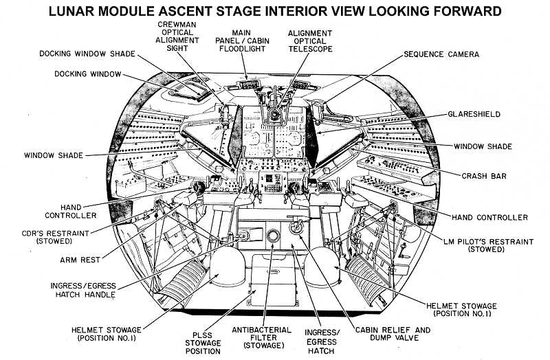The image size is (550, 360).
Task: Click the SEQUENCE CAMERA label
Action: tap(441, 54)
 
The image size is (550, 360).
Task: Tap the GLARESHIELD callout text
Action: tap(474, 114)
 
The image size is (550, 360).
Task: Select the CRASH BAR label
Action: tap(484, 176)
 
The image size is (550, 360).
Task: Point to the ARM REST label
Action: tap(80, 260)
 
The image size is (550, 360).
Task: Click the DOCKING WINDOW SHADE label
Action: tap(87, 54)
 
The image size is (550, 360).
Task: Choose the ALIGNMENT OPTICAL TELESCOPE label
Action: tap(310, 41)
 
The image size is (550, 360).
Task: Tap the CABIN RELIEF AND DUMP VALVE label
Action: tap(393, 334)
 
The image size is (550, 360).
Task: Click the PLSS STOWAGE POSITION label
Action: tap(203, 344)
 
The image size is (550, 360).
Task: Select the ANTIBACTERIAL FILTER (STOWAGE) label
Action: tap(262, 338)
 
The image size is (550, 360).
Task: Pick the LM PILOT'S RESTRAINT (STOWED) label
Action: tap(488, 245)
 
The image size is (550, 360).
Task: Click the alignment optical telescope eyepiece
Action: tap(274, 114)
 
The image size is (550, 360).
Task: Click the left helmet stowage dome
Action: tap(228, 265)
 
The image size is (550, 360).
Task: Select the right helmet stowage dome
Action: tap(322, 266)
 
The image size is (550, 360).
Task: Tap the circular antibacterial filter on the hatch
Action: tap(273, 236)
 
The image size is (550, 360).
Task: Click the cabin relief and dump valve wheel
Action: tap(297, 227)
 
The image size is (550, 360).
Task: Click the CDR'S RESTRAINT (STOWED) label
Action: tap(56, 237)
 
